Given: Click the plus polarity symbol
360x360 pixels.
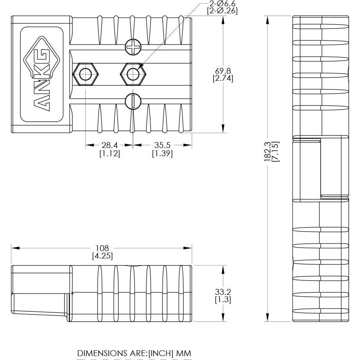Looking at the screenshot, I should [x=133, y=48].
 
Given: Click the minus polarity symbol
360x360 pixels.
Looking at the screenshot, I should [x=133, y=102].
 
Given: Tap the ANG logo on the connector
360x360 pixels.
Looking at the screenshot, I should [x=41, y=74].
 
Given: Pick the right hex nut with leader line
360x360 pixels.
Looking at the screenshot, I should [x=133, y=73].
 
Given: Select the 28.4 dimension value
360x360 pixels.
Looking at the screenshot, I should [x=109, y=145].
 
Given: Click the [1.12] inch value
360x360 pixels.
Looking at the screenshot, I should [x=109, y=153].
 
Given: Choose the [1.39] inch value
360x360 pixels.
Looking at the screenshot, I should [x=162, y=153].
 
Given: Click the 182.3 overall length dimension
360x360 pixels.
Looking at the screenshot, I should [x=267, y=151].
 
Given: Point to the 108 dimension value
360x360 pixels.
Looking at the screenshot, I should [x=102, y=248].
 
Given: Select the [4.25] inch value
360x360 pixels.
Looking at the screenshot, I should [x=102, y=256].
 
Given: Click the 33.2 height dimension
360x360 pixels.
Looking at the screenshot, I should [x=223, y=292].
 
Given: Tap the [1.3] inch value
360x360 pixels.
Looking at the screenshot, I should [x=223, y=299].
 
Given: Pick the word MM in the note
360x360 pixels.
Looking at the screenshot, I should [x=184, y=353].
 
